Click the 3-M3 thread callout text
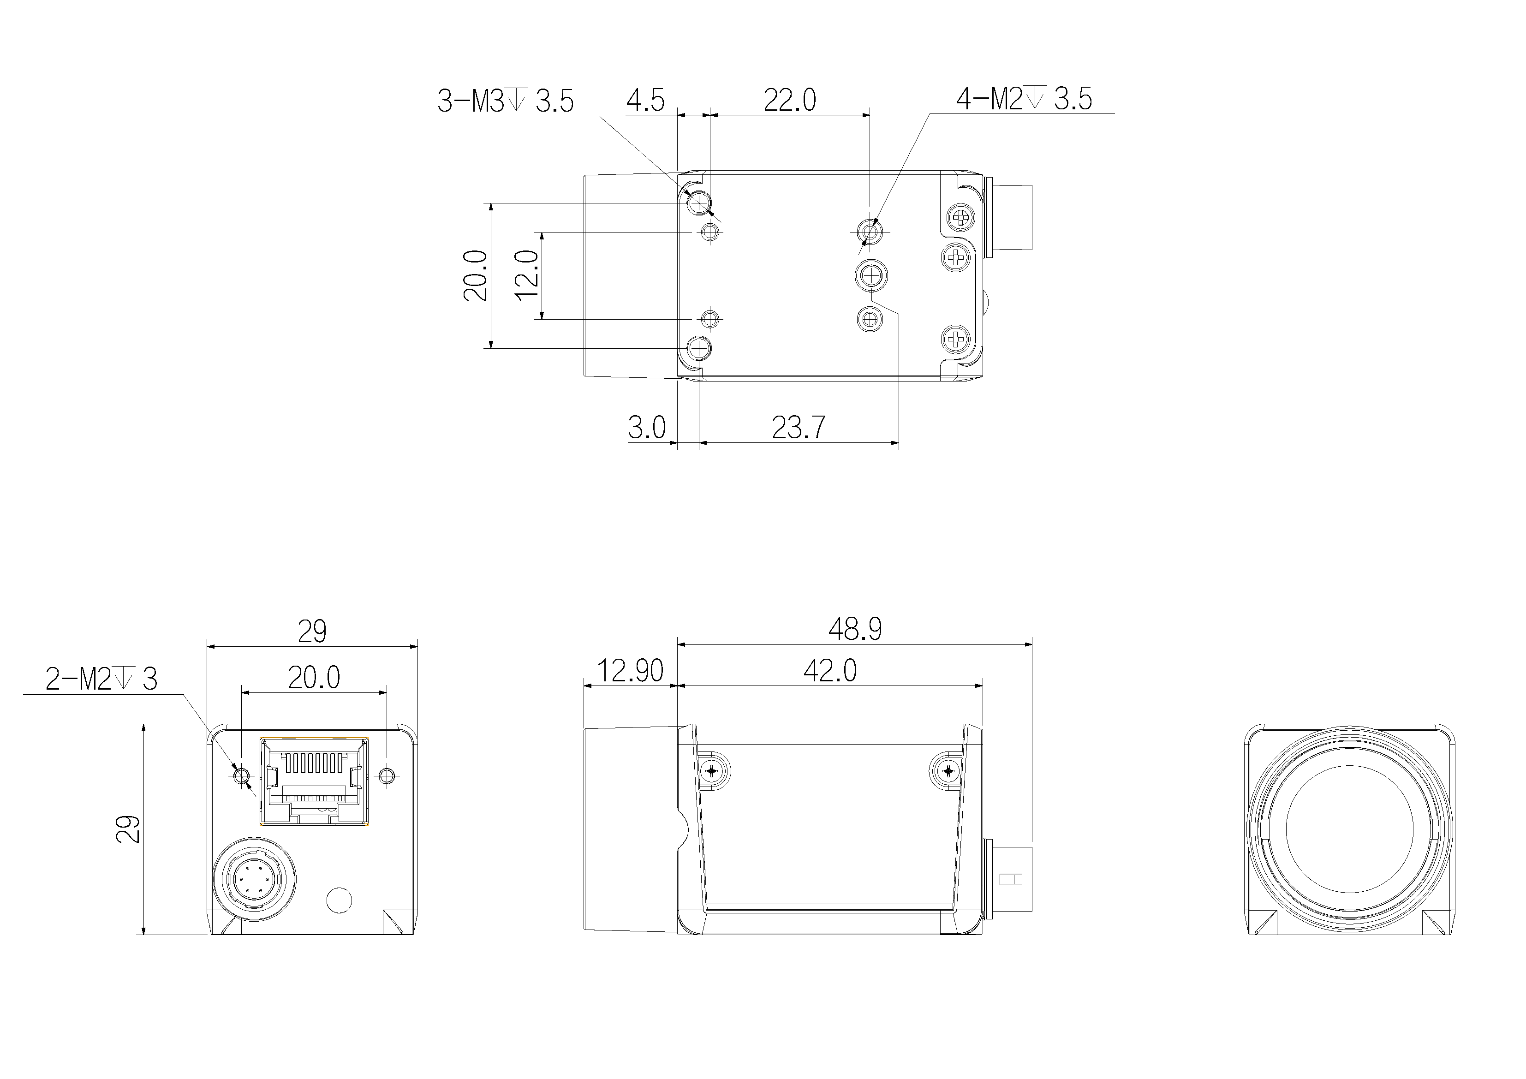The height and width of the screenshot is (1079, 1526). (505, 101)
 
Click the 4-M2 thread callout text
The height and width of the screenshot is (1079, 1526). (1024, 99)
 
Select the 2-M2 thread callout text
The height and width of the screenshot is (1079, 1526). (101, 680)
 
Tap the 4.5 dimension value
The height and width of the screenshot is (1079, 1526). (645, 101)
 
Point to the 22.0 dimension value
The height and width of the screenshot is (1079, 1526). (790, 101)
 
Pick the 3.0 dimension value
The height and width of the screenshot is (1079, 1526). (647, 428)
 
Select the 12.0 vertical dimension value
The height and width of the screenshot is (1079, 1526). (527, 275)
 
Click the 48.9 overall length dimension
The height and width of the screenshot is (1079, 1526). (855, 629)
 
